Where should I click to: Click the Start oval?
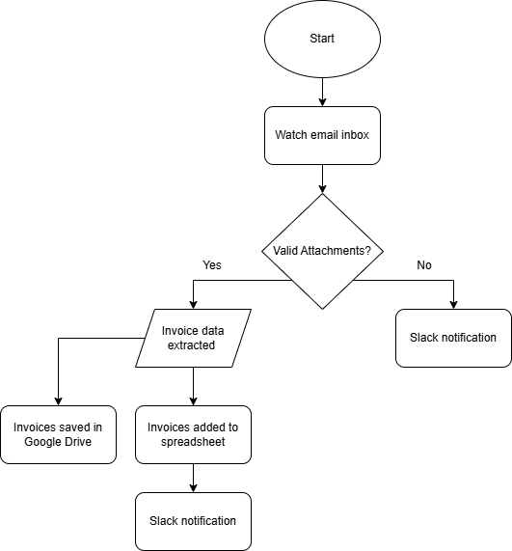322,39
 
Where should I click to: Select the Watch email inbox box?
322,135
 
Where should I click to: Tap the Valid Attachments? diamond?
322,251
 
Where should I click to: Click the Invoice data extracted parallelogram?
193,338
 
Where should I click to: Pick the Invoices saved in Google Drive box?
58,434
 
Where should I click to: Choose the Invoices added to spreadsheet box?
193,434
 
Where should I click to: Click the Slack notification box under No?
453,338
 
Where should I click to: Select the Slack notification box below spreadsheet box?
193,521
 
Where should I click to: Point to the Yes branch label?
212,265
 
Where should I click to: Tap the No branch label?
424,265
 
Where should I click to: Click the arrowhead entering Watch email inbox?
322,102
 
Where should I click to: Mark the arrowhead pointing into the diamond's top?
322,189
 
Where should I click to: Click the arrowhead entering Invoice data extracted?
193,305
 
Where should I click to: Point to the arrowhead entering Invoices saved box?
58,401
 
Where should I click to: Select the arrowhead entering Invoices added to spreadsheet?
193,401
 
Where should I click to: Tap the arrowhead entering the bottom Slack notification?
193,488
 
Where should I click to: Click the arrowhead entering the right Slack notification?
453,305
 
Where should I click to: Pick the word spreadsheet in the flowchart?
193,442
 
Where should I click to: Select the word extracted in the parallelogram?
191,345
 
